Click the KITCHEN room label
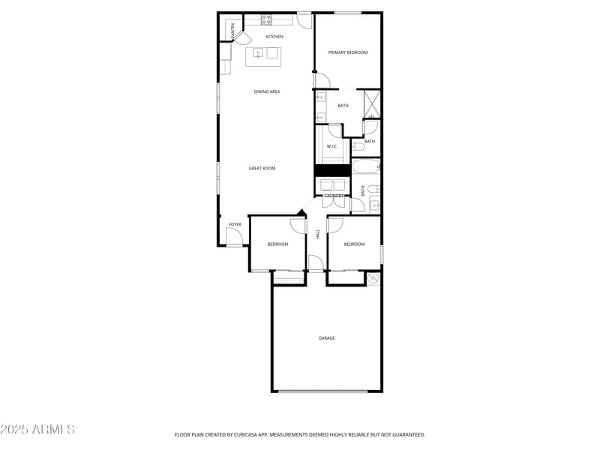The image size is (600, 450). pyautogui.click(x=274, y=37)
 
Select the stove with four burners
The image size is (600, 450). pyautogui.click(x=266, y=19)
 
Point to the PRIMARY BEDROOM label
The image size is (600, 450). pyautogui.click(x=348, y=52)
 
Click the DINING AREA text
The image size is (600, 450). pyautogui.click(x=267, y=91)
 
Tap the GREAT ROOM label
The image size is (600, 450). pyautogui.click(x=262, y=169)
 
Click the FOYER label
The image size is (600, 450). pyautogui.click(x=235, y=224)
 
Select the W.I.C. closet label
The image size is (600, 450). pyautogui.click(x=333, y=146)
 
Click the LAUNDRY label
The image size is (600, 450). pyautogui.click(x=334, y=196)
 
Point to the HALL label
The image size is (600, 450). pyautogui.click(x=318, y=235)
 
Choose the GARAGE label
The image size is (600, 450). pyautogui.click(x=326, y=338)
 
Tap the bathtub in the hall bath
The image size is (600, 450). pyautogui.click(x=366, y=166)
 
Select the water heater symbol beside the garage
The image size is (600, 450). pyautogui.click(x=373, y=278)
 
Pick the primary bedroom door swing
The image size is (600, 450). pyautogui.click(x=321, y=80)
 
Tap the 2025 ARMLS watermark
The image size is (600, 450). pyautogui.click(x=37, y=430)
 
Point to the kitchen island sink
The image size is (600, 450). pyautogui.click(x=257, y=53)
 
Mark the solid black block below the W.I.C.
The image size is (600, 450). pyautogui.click(x=332, y=170)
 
